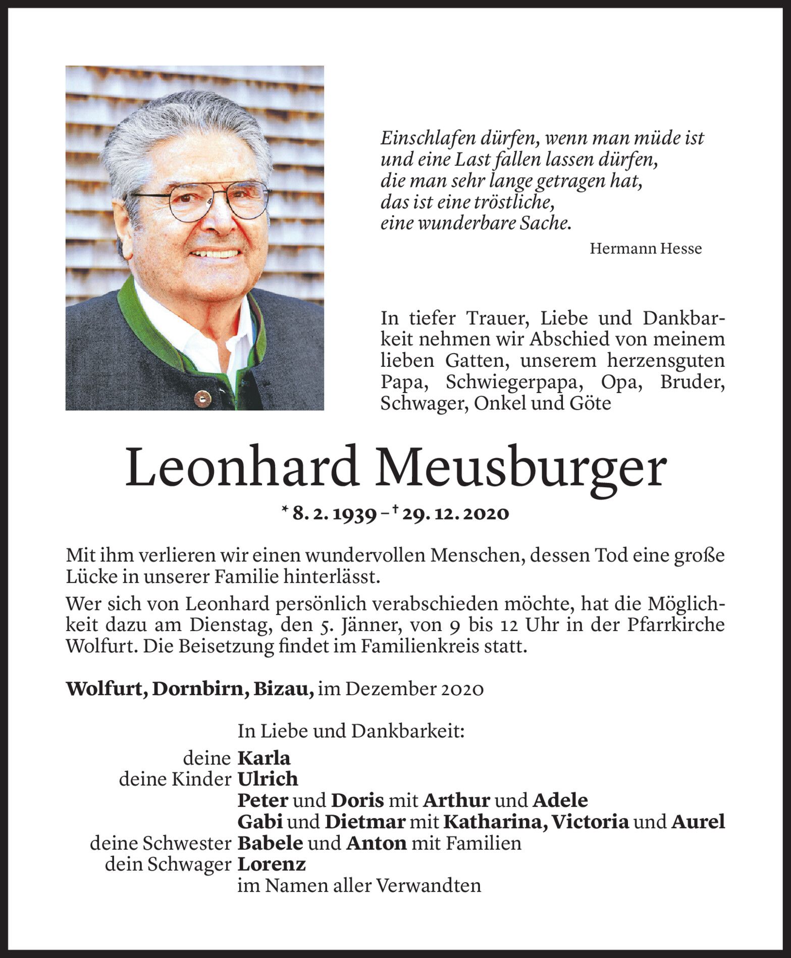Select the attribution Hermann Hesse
(646, 249)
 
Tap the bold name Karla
(264, 758)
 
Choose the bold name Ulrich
(268, 779)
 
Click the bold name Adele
(560, 800)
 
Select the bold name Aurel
(698, 822)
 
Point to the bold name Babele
(271, 843)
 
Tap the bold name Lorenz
(272, 864)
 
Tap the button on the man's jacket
(202, 397)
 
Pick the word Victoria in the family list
(590, 822)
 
